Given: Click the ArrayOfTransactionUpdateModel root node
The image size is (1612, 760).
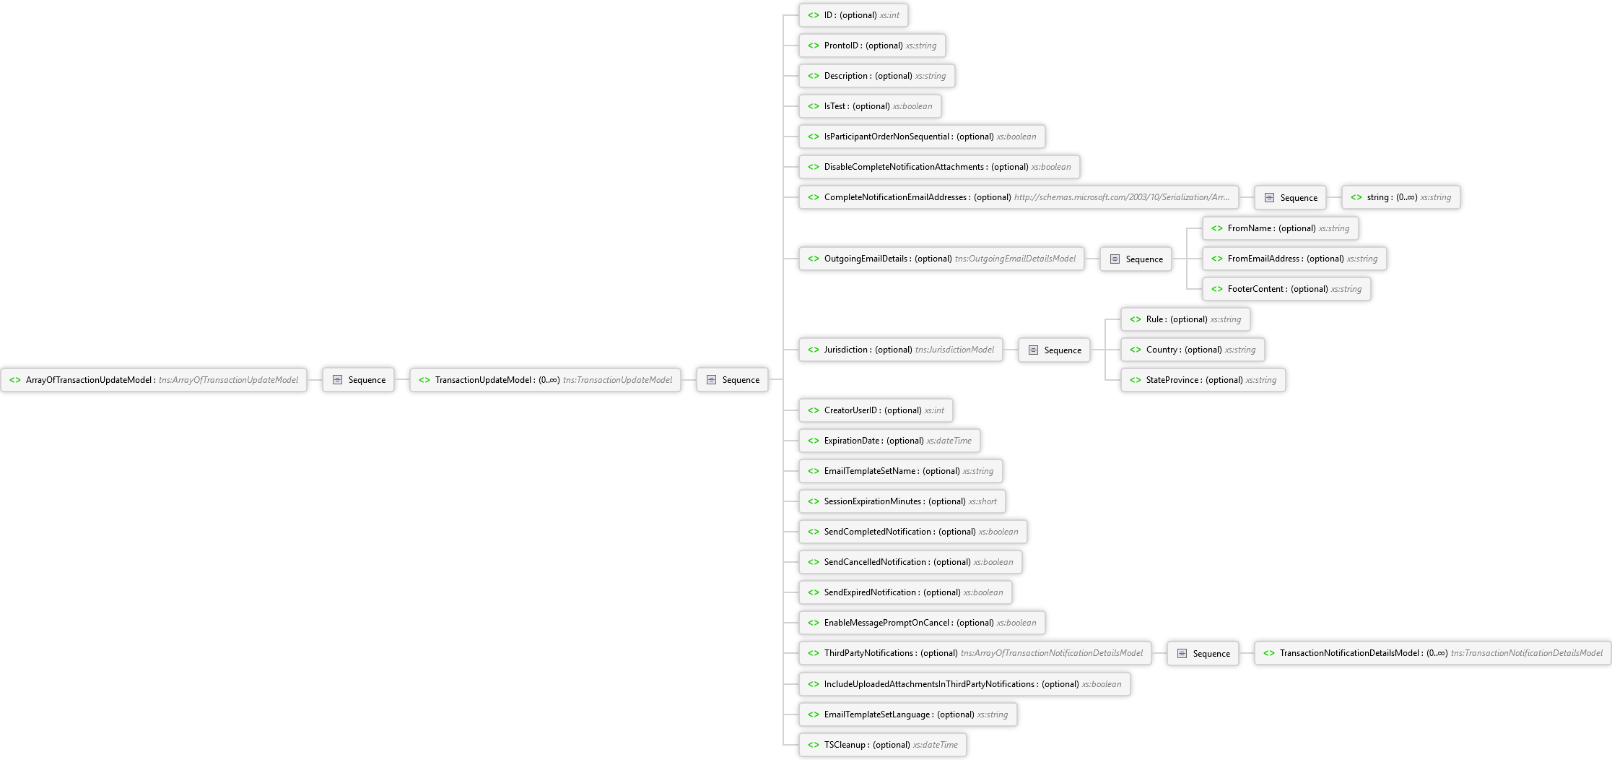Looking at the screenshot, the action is [154, 380].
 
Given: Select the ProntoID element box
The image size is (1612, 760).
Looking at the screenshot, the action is [872, 46].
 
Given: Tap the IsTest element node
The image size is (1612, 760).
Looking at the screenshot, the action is [870, 106].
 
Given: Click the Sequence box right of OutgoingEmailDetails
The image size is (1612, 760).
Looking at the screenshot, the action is [1136, 259].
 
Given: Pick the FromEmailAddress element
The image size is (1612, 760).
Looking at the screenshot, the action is [1294, 259].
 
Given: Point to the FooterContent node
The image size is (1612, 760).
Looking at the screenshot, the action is [1286, 289].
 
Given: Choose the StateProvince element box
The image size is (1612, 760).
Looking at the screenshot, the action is [1203, 380].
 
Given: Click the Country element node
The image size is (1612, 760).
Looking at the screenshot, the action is [1193, 350].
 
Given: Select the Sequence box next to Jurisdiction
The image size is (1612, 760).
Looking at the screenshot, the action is [1054, 350].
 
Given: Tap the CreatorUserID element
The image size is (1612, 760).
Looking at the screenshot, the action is [876, 410].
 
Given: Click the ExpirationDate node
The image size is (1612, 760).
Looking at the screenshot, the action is [889, 441].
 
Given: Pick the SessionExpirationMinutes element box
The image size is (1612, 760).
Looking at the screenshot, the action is [902, 501].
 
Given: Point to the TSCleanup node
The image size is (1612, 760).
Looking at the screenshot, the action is [883, 745].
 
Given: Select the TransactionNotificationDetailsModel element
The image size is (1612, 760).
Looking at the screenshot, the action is [1433, 653].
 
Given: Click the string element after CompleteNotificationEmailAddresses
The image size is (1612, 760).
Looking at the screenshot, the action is [1401, 197].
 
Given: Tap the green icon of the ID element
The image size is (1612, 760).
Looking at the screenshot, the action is [814, 15].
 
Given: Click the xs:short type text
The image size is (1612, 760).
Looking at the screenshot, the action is [983, 501].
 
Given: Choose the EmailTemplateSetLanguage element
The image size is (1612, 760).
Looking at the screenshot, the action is [908, 714].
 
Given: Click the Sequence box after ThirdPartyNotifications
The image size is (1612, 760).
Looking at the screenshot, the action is [1203, 653].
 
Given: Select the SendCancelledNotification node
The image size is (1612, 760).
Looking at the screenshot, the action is [910, 562].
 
